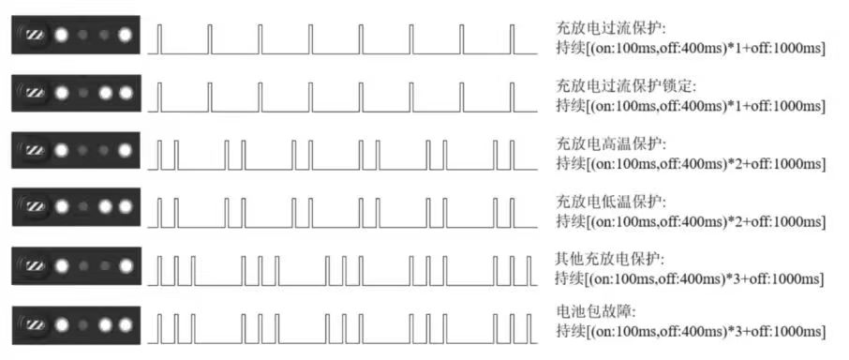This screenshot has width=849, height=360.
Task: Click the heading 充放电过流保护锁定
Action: (x=624, y=87)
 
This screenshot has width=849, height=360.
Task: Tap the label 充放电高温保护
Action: (x=610, y=145)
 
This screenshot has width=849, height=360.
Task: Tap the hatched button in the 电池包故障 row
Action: (x=35, y=327)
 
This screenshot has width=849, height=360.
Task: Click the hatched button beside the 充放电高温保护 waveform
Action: (x=35, y=150)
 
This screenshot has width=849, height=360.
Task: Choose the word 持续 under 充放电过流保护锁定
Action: (x=569, y=106)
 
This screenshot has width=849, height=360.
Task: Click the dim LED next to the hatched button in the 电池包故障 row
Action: (x=83, y=327)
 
